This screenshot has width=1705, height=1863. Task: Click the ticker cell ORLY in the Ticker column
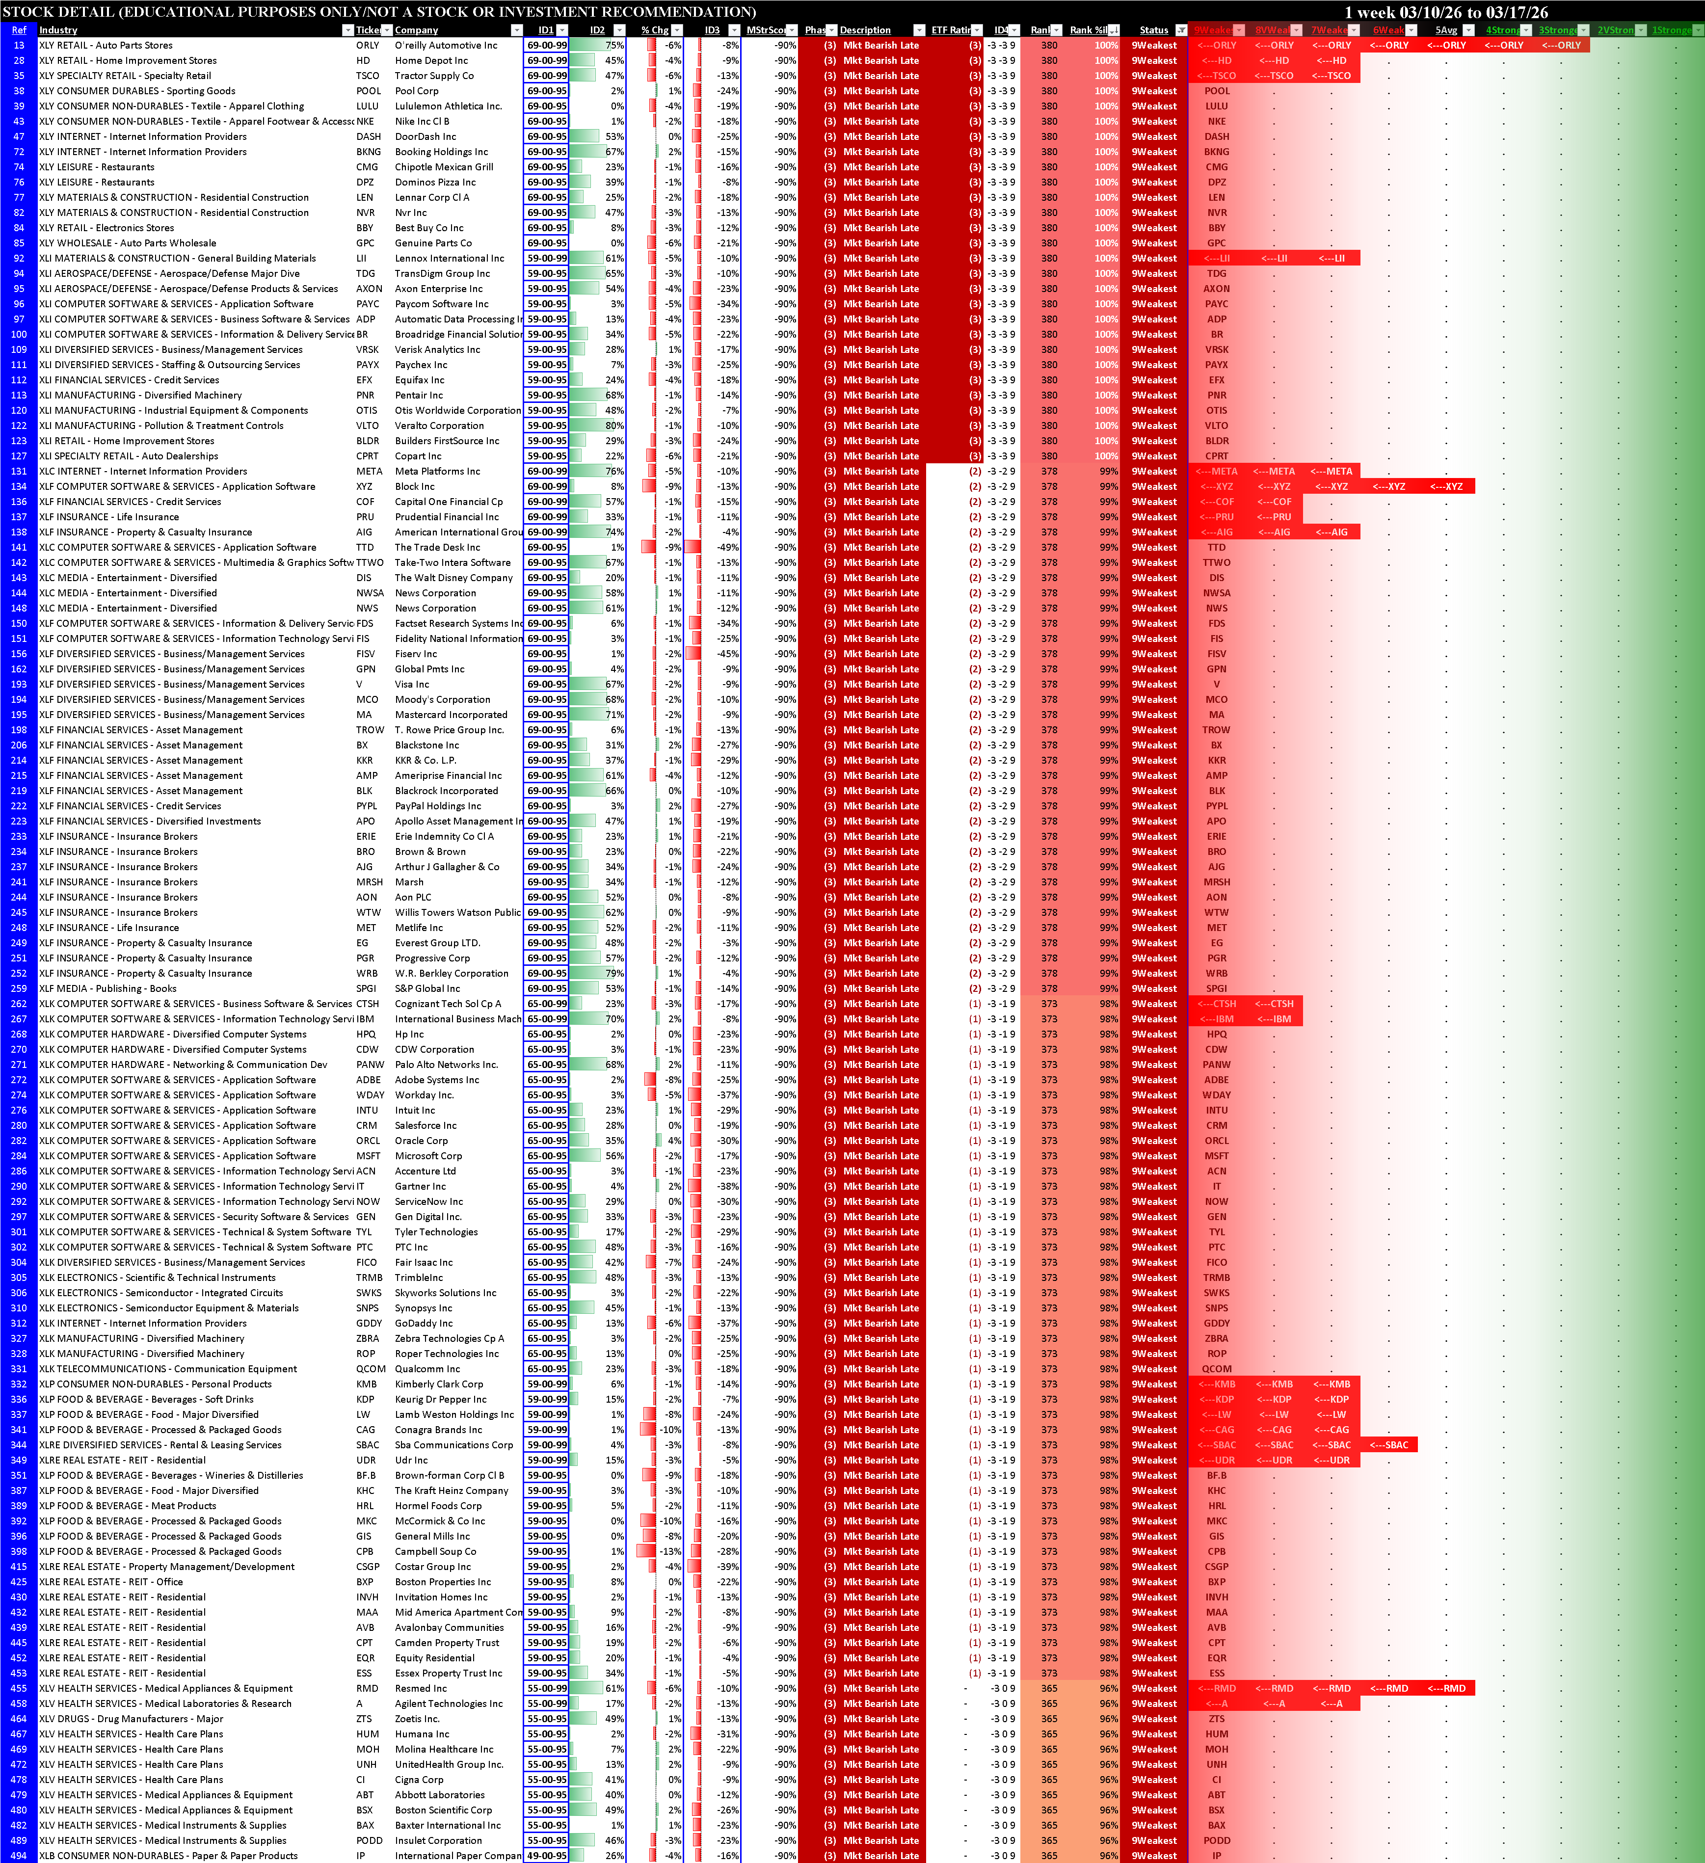[x=368, y=45]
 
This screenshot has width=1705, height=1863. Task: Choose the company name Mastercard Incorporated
[x=451, y=715]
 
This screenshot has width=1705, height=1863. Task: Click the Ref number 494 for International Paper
[x=19, y=1856]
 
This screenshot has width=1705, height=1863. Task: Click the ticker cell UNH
[x=366, y=1765]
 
